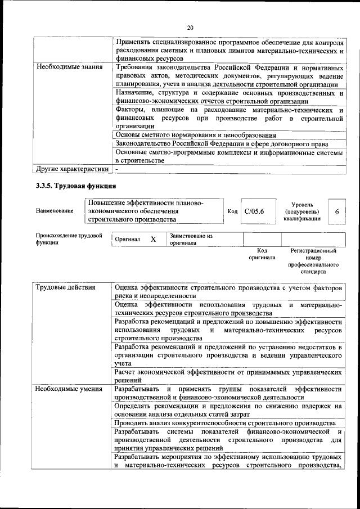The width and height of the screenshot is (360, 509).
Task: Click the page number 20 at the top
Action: (x=190, y=26)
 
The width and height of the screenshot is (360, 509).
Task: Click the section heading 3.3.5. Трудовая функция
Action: (x=75, y=185)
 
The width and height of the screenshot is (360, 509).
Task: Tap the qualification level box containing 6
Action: (x=336, y=211)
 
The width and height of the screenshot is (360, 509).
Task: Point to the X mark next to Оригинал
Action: (x=153, y=239)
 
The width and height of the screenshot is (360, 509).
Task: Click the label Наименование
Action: (x=55, y=211)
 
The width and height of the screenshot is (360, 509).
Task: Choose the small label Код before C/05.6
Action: (x=232, y=211)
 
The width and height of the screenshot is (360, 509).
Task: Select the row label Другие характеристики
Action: (x=71, y=168)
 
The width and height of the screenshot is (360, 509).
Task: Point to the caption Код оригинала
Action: (x=262, y=254)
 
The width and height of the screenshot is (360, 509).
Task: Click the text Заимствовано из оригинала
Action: (x=191, y=240)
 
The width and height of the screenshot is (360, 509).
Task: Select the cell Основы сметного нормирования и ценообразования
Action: (x=195, y=136)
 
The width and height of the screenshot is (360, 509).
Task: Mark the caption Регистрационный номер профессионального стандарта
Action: (x=313, y=260)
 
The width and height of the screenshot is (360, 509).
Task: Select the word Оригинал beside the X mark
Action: (x=127, y=239)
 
